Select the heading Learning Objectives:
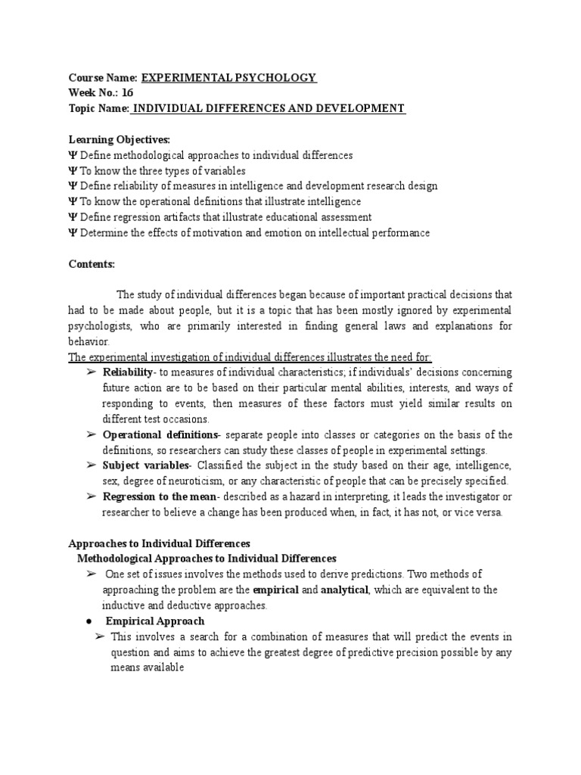tap(109, 140)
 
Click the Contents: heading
tap(92, 264)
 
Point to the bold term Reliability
tap(127, 372)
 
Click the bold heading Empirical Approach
tap(155, 621)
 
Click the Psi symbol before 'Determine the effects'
tap(72, 233)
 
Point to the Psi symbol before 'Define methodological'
tap(72, 155)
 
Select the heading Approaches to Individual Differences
tap(159, 543)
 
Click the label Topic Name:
tap(99, 109)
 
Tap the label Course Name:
tap(102, 78)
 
